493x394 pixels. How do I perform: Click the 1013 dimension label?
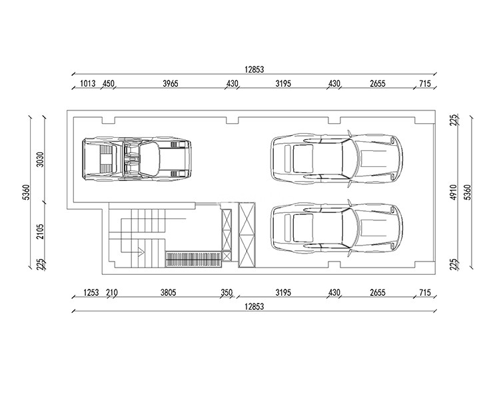pyautogui.click(x=87, y=84)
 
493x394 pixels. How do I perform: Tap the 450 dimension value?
pyautogui.click(x=109, y=84)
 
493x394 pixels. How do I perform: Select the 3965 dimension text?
pyautogui.click(x=171, y=84)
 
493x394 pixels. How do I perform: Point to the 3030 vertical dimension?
pyautogui.click(x=40, y=159)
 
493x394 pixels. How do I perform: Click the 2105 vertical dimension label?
pyautogui.click(x=40, y=231)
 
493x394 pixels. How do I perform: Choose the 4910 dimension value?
pyautogui.click(x=453, y=192)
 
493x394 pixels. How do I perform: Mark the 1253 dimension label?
pyautogui.click(x=91, y=293)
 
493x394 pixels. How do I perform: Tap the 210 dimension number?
pyautogui.click(x=112, y=293)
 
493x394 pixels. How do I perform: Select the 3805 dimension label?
pyautogui.click(x=168, y=293)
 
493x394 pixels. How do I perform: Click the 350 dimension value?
pyautogui.click(x=227, y=293)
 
